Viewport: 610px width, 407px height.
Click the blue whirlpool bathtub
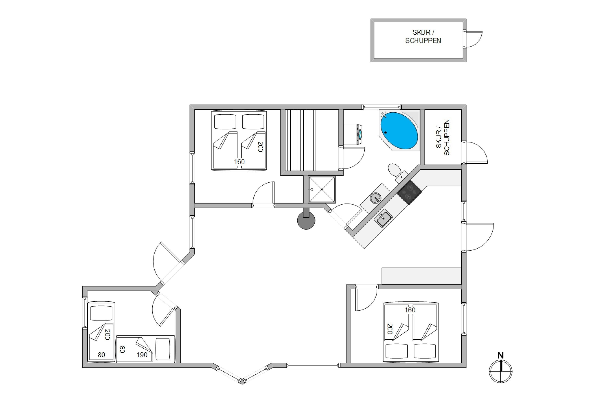coord(399,131)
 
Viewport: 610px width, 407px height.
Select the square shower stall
coord(322,189)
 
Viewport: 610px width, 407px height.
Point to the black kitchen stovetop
coord(410,192)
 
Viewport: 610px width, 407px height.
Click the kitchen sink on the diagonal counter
coord(383,218)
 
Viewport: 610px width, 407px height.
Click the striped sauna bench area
coord(301,140)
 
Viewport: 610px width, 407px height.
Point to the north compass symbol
coord(501,371)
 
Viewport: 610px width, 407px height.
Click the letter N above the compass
coord(501,355)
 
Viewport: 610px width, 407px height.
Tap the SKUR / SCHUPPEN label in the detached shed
coord(423,37)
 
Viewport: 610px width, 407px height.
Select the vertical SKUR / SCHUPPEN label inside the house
coord(442,137)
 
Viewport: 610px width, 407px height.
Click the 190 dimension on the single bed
coord(142,355)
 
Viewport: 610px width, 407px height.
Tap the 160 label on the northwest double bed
coord(239,162)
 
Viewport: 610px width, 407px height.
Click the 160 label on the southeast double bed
coord(410,310)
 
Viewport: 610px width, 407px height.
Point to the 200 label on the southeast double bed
coord(390,329)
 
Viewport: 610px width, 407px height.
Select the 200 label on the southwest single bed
coord(107,334)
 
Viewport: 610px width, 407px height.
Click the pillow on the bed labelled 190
coord(163,349)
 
